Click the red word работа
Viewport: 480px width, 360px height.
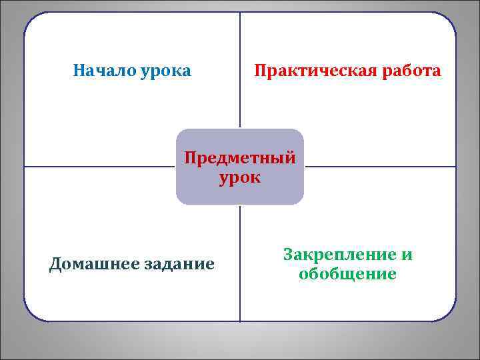pos(411,71)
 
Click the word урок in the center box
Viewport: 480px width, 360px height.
pos(240,178)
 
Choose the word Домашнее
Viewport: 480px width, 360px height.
pos(89,265)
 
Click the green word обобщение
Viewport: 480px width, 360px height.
pos(347,274)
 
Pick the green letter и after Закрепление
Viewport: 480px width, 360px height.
pos(407,255)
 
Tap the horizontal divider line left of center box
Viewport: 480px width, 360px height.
pos(100,166)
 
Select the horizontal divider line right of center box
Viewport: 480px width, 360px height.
pos(380,166)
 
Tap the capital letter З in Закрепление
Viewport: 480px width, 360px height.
pos(287,255)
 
